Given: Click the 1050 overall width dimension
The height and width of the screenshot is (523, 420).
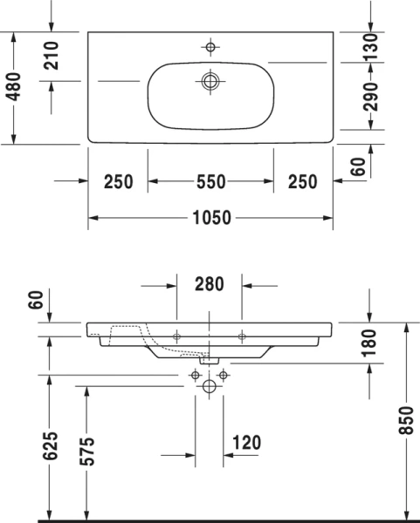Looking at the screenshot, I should pos(210,218).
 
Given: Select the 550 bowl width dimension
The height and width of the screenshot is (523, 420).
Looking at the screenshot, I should pos(210,181).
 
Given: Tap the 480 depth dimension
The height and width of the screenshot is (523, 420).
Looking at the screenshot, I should pos(13,86).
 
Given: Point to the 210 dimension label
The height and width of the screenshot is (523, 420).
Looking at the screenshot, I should pos(51,56).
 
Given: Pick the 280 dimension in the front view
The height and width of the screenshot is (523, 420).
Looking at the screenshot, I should pos(210,283).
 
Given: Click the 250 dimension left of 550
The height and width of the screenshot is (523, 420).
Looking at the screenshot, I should pos(118,181).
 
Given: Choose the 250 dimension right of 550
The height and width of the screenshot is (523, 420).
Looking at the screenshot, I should pos(302,181).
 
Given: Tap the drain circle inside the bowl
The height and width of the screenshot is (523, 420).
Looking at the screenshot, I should pos(210,81).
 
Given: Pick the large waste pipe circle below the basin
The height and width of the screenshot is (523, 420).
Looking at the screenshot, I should pos(210,385).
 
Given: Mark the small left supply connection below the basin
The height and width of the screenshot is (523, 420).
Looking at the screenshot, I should pos(195,375).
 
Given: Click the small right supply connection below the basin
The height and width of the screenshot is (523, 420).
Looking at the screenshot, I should pos(224,375).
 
